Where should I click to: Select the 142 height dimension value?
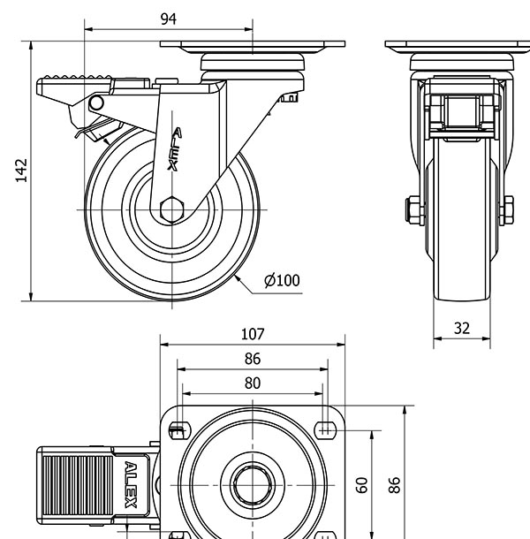click(22, 171)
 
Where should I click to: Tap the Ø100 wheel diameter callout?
click(282, 281)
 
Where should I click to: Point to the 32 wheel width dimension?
click(461, 328)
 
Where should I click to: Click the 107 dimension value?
click(253, 335)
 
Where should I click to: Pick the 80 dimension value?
click(253, 383)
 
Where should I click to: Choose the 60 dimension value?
click(361, 484)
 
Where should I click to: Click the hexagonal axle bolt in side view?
click(173, 209)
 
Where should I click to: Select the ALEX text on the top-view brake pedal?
click(131, 486)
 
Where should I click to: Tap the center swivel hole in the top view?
click(252, 483)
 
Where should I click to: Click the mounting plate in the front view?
click(461, 46)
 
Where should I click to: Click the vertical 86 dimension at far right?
click(397, 484)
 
